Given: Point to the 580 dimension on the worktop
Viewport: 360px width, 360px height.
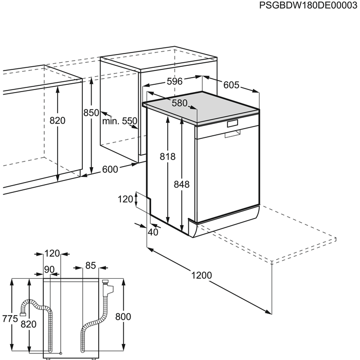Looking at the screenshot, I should coord(179,103).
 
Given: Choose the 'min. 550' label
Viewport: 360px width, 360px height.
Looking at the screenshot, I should coord(119,121).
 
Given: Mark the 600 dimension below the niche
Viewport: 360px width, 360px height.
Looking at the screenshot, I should coord(110,169).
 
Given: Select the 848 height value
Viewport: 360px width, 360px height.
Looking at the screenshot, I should coord(182,184).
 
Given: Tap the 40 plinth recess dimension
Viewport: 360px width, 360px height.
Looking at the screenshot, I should coord(153,232).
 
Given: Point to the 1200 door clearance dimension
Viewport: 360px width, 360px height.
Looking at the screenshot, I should coord(201,275).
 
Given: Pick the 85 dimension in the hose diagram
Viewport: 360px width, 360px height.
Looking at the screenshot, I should coord(91,266).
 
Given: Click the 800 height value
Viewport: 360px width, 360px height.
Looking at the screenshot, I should coord(123,317).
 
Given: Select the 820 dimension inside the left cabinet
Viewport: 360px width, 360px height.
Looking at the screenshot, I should coord(58,121).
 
